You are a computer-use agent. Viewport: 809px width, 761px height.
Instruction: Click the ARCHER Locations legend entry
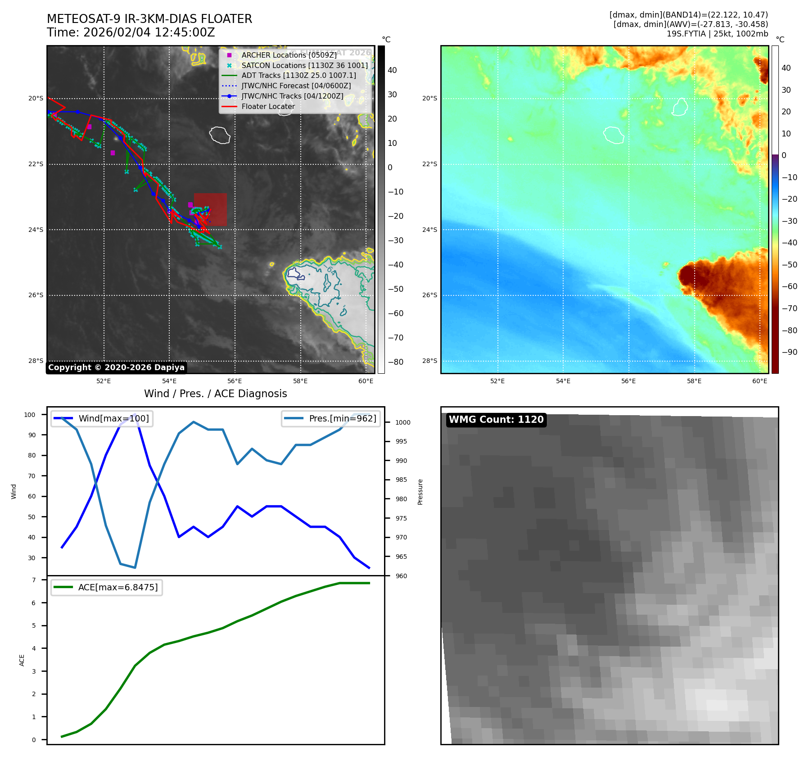(x=289, y=55)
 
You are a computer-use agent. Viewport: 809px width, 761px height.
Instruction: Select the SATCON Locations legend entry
(x=304, y=65)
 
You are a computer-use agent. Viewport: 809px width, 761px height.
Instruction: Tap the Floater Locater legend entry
(x=268, y=107)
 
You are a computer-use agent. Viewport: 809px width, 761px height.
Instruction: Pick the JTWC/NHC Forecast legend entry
(x=296, y=86)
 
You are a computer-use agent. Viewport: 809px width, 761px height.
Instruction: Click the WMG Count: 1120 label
(x=496, y=420)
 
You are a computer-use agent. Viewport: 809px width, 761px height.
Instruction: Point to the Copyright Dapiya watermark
(x=116, y=367)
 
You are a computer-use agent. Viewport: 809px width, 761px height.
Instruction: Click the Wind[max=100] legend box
(x=102, y=419)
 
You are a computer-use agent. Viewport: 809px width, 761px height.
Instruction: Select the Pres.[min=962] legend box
(x=331, y=419)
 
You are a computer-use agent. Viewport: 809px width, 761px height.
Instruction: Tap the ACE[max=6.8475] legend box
(x=107, y=588)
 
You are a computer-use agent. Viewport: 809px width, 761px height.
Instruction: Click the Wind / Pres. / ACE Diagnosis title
(x=215, y=394)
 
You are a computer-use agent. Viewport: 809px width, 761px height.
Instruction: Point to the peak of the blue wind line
(x=135, y=414)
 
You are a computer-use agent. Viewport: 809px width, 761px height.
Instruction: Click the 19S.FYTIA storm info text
(x=717, y=34)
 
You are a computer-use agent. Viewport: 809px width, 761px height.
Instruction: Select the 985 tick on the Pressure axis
(x=401, y=480)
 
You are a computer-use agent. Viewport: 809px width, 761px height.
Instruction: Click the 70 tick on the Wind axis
(x=32, y=476)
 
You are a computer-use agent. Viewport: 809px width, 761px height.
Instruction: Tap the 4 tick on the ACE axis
(x=34, y=648)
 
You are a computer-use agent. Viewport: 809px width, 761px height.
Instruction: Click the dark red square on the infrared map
(x=210, y=209)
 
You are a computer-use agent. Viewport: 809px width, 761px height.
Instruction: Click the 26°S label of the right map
(x=429, y=295)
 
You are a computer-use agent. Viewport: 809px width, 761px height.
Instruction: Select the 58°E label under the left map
(x=300, y=381)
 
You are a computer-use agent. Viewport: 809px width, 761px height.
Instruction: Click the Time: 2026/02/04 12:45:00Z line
(x=131, y=33)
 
